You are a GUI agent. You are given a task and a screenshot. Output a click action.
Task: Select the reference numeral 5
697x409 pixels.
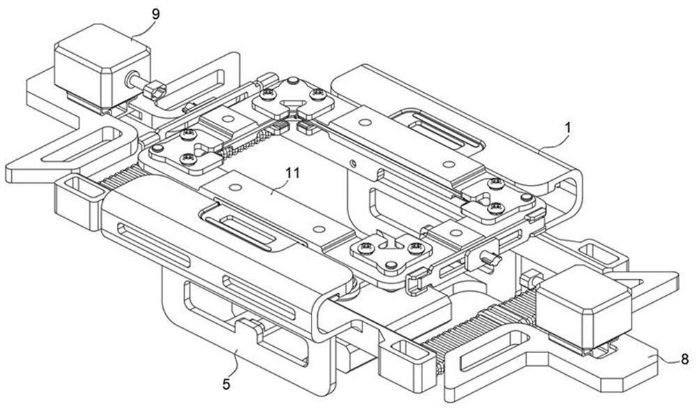point(227,382)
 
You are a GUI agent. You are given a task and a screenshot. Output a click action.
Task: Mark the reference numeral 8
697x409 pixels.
point(684,359)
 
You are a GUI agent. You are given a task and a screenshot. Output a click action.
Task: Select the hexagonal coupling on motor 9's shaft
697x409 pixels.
point(155,89)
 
